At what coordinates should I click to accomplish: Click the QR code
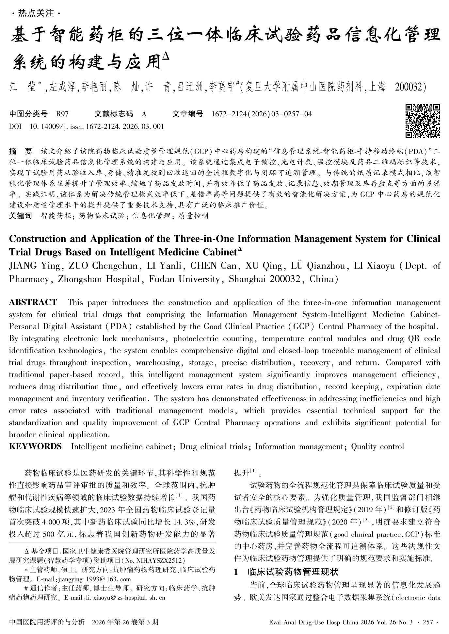tap(423, 121)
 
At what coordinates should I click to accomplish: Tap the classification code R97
tap(62, 114)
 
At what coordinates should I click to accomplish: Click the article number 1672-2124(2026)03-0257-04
tap(262, 114)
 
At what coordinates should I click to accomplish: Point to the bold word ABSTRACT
tap(33, 302)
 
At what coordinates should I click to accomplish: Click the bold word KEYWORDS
tap(35, 446)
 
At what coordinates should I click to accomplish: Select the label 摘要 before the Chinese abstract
tap(21, 152)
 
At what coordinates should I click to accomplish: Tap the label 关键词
tap(21, 216)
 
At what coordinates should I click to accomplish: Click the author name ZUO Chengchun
tap(103, 266)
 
